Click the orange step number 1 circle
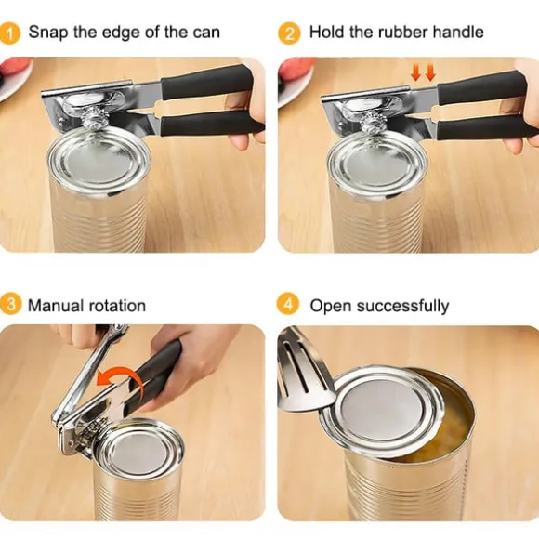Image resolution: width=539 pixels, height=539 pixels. point(10,33)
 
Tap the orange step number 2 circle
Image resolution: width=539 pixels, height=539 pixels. point(289,33)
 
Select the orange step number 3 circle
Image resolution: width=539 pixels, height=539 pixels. point(10,304)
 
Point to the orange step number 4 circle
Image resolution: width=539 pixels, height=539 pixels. point(288,304)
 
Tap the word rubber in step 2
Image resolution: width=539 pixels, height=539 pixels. point(402,32)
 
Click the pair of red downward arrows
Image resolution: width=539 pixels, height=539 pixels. point(423,73)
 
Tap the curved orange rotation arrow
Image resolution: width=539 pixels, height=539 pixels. point(119,376)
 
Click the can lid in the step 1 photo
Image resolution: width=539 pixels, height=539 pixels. point(99,161)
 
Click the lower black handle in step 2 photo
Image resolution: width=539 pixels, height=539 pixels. point(487,127)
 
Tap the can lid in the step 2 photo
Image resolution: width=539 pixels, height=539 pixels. point(377,165)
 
